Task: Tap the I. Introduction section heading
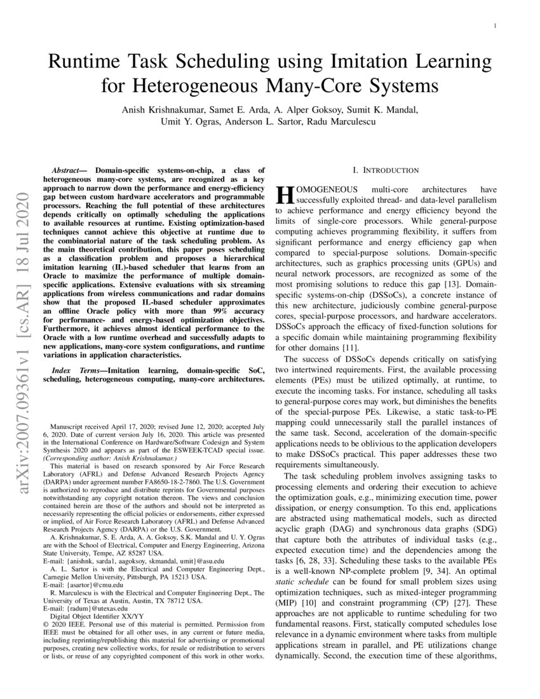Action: [386, 170]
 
